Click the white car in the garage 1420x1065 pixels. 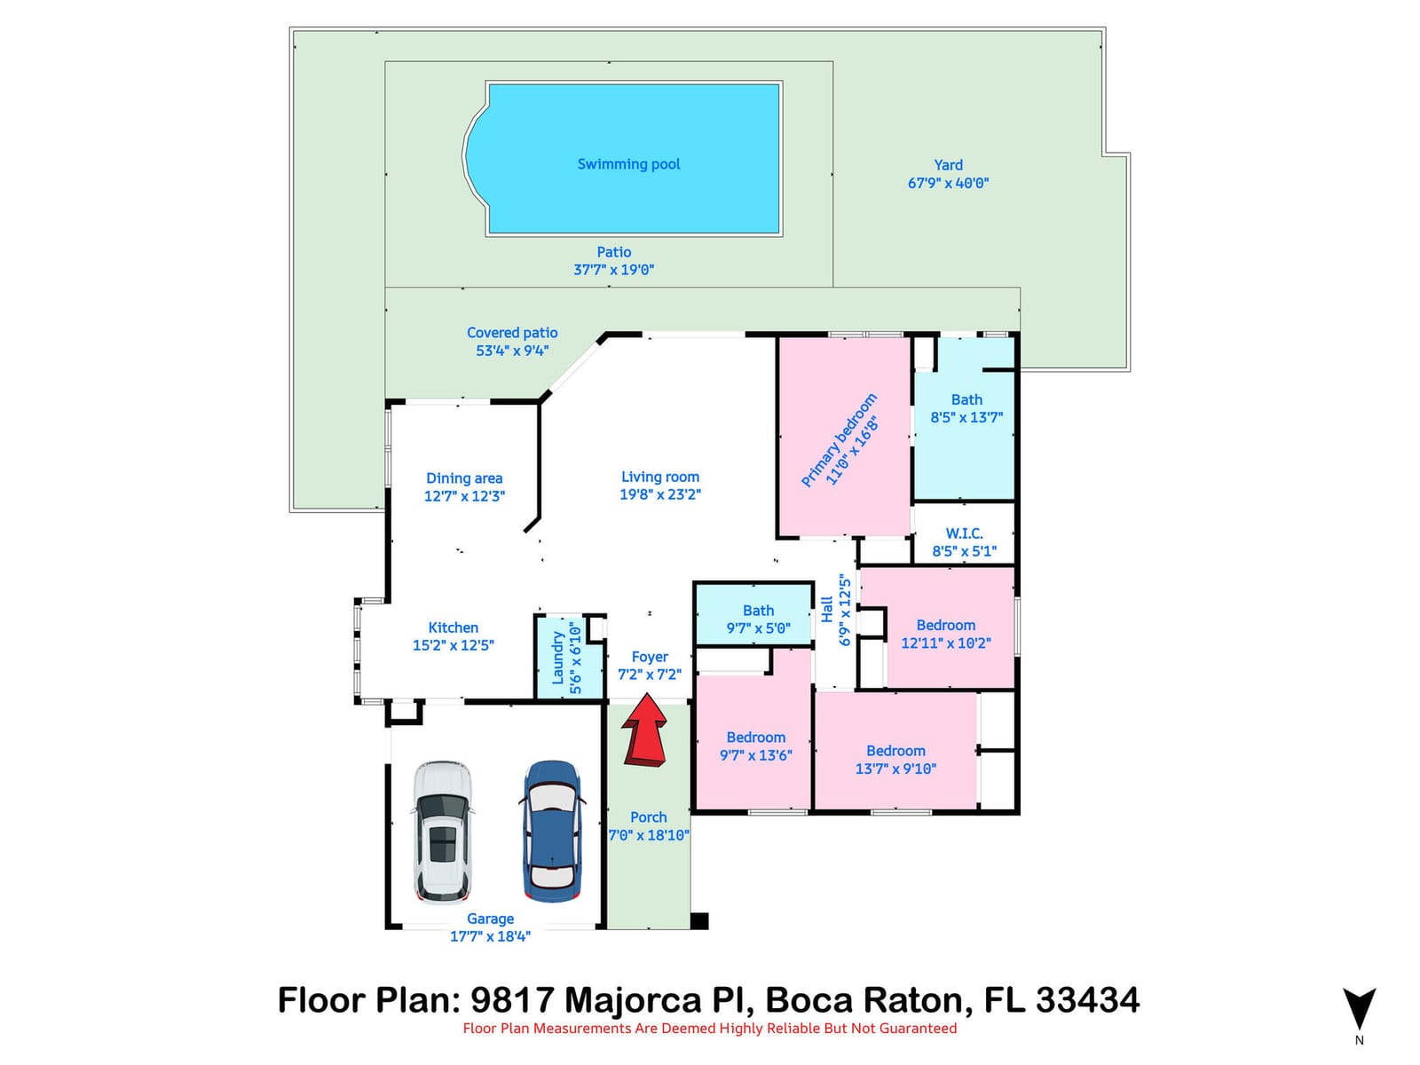(x=443, y=832)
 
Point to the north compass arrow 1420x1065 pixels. (x=1359, y=1008)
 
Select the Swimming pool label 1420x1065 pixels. (x=628, y=164)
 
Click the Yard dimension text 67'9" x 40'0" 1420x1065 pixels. (x=948, y=183)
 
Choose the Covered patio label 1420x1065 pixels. (x=512, y=332)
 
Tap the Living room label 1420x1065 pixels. (x=660, y=477)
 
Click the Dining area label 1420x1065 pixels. (x=464, y=478)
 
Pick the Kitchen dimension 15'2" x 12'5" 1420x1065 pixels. (x=453, y=645)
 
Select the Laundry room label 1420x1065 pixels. (x=557, y=659)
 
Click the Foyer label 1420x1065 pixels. (x=650, y=657)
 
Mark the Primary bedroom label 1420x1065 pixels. (x=839, y=439)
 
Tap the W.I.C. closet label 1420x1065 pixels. (x=964, y=533)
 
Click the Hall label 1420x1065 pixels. (x=827, y=609)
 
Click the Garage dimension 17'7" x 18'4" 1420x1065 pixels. (x=490, y=936)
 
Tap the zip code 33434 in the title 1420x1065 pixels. (x=1087, y=999)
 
